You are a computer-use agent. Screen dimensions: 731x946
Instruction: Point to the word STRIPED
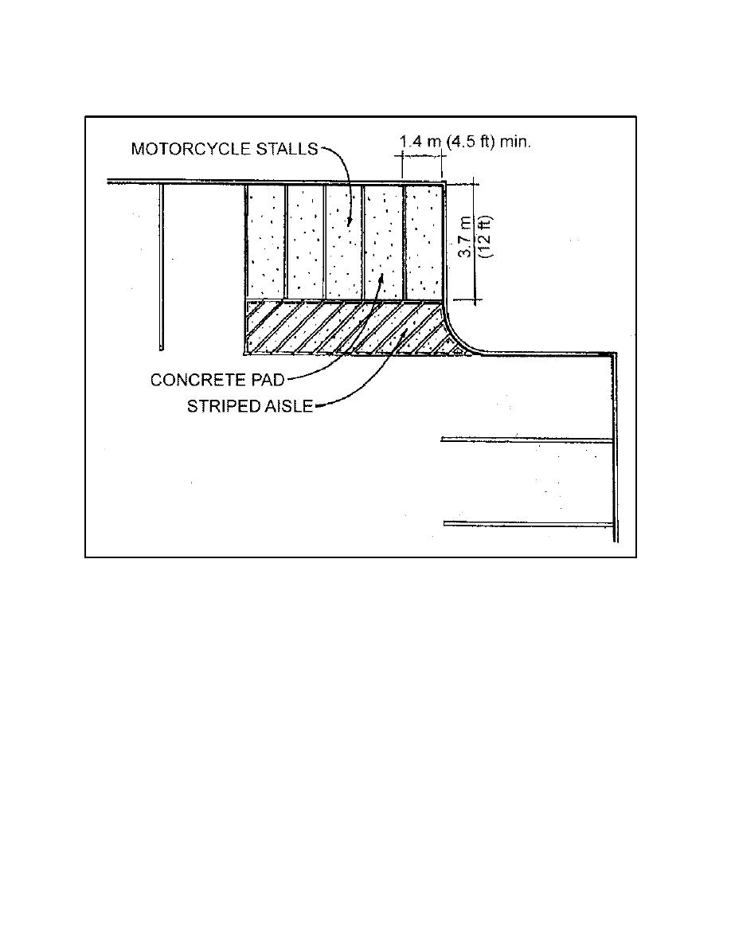pyautogui.click(x=217, y=407)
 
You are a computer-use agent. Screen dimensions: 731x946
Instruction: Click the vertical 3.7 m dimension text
pyautogui.click(x=466, y=237)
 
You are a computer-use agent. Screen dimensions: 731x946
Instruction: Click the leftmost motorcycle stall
pyautogui.click(x=265, y=241)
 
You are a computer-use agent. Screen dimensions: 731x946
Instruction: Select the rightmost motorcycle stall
pyautogui.click(x=424, y=241)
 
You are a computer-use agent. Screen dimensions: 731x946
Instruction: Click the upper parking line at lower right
pyautogui.click(x=527, y=440)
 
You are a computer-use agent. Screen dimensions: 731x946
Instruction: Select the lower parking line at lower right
pyautogui.click(x=529, y=524)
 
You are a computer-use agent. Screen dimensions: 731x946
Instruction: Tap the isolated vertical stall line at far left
pyautogui.click(x=161, y=266)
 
